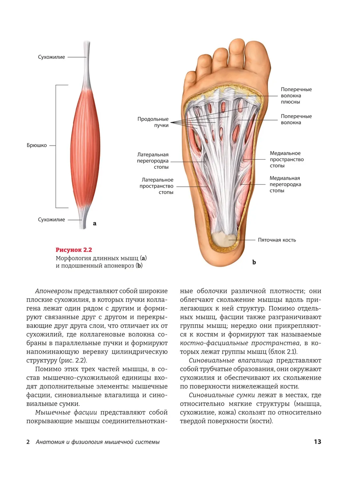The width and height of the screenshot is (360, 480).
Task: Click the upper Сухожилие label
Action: point(51,57)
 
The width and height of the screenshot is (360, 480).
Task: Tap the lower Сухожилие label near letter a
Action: point(51,220)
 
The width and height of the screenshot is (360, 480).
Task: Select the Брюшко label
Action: point(37,145)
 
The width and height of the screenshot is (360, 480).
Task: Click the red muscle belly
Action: point(85,148)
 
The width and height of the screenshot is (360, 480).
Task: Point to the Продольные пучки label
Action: point(153,122)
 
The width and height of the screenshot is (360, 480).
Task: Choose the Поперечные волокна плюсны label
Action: point(296,96)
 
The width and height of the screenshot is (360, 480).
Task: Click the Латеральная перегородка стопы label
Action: point(153,161)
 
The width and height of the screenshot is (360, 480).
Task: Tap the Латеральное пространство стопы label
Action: point(156,186)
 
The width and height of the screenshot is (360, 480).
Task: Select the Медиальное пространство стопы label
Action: point(287,160)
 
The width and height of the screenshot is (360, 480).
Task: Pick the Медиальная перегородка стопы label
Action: point(285,184)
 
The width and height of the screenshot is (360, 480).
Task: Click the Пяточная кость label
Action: point(277,240)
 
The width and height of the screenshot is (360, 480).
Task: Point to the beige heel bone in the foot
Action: point(224,240)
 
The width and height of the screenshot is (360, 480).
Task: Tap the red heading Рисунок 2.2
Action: point(74,250)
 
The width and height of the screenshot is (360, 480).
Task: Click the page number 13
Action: point(317,442)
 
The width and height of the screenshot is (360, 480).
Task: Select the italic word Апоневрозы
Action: point(54,291)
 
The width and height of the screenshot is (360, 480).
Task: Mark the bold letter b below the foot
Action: point(254,262)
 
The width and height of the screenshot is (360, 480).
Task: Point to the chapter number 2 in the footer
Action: point(28,442)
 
